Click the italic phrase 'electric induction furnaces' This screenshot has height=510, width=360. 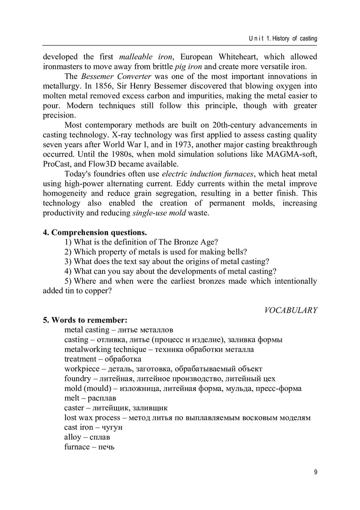pos(202,174)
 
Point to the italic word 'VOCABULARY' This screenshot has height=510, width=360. pos(291,310)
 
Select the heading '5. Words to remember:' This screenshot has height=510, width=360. pos(82,320)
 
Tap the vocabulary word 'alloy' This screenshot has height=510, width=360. pos(73,437)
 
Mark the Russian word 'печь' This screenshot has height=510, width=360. pos(106,447)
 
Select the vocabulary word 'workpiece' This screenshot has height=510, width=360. pos(81,369)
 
